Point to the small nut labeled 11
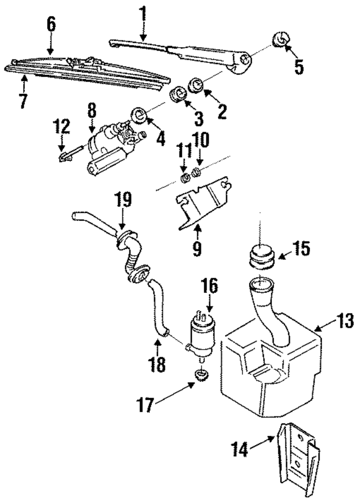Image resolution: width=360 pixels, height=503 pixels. [x=183, y=179]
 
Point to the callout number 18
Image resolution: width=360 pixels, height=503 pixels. [x=158, y=364]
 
